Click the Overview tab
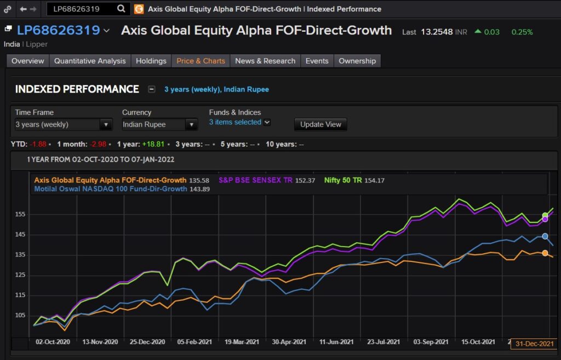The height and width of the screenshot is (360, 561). click(27, 61)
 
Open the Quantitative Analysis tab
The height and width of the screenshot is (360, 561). click(90, 61)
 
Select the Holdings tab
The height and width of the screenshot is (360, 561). click(151, 61)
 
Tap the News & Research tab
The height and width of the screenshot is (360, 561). click(265, 61)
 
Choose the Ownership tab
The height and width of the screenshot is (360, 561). click(357, 61)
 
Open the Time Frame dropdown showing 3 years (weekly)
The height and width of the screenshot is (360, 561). click(64, 124)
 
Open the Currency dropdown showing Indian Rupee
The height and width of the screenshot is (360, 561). click(159, 124)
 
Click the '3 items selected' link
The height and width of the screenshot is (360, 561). click(235, 122)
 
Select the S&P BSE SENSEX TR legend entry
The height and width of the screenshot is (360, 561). click(255, 180)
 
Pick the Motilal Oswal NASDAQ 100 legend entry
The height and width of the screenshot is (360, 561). click(110, 188)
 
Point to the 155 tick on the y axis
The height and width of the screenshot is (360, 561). click(20, 214)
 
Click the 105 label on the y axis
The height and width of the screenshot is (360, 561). click(20, 315)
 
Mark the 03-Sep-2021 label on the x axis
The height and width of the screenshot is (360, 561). click(429, 341)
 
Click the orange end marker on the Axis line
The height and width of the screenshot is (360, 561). click(545, 253)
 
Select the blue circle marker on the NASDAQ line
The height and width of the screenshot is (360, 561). click(545, 236)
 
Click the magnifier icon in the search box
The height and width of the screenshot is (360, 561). click(121, 9)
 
